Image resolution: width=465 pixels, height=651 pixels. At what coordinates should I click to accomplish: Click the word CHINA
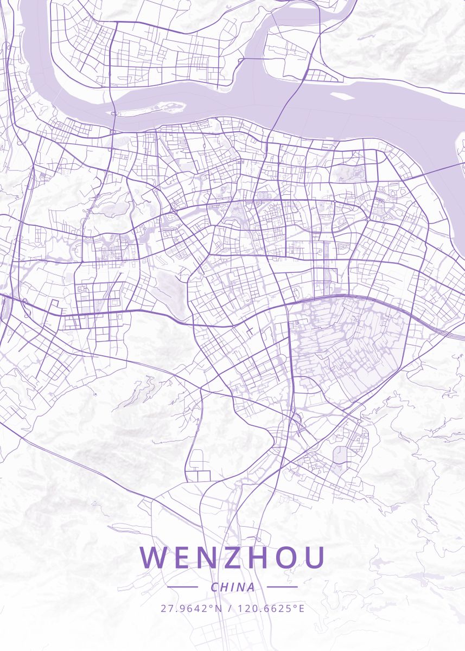point(233,587)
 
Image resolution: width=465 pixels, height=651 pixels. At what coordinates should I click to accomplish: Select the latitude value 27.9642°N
point(191,608)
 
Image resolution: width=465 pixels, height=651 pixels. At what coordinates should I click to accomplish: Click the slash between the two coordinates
point(230,608)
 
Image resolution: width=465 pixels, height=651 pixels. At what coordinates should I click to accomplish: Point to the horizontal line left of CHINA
point(182,586)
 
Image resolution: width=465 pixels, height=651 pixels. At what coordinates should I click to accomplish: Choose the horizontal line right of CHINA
point(283,586)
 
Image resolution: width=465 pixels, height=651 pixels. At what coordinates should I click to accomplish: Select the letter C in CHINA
point(214,587)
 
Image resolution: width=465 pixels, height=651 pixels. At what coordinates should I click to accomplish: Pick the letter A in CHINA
point(250,587)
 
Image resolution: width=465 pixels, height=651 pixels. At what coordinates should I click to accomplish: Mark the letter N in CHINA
point(240,587)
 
